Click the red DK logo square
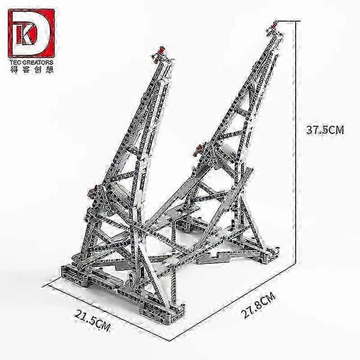point(31,33)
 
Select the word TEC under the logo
point(16,62)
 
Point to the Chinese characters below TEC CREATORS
point(32,70)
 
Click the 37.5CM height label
point(325,130)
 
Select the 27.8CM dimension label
point(259,305)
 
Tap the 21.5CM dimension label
point(92,320)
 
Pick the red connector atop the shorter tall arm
point(162,50)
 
